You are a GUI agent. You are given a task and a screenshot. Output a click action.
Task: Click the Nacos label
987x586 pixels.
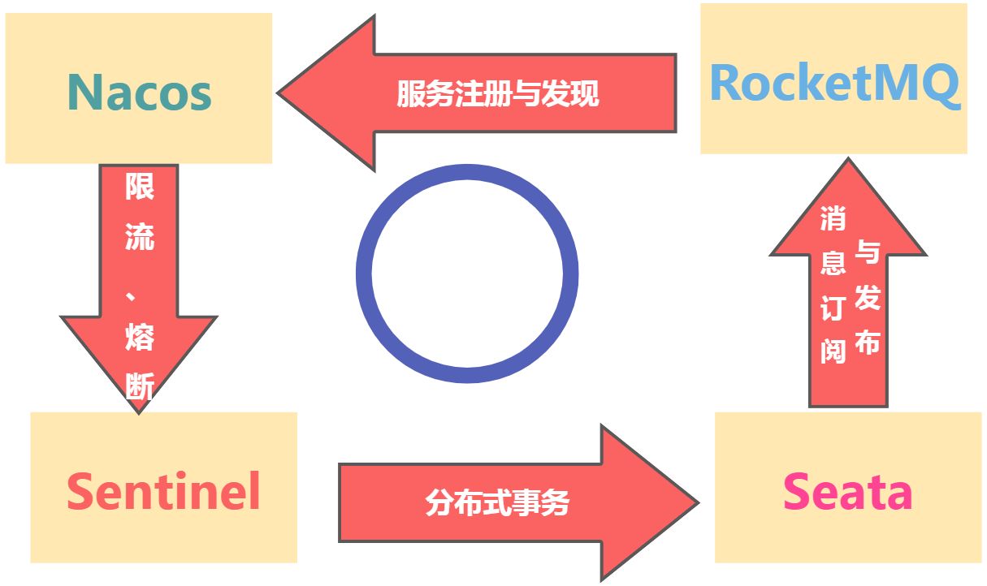coord(139,92)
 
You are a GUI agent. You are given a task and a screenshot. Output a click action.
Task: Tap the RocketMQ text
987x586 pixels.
coord(834,82)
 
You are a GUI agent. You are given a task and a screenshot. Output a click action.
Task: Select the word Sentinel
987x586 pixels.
coord(163,491)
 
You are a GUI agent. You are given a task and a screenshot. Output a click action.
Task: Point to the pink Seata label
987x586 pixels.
coord(847,492)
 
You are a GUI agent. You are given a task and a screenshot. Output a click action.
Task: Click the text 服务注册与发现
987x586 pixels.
coord(497,93)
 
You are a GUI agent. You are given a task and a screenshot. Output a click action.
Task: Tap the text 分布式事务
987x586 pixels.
coord(497,503)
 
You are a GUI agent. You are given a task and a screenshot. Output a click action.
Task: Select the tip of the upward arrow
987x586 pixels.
coord(848,162)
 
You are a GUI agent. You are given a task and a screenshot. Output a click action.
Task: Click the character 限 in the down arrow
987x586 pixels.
coord(139,187)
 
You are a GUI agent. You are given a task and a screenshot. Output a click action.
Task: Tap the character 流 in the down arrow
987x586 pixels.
coord(139,236)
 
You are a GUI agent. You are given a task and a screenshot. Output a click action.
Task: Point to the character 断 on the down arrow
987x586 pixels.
coord(139,385)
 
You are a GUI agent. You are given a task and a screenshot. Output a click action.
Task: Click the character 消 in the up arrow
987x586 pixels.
coord(833,218)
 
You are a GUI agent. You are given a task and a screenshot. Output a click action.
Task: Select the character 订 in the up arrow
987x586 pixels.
coord(833,308)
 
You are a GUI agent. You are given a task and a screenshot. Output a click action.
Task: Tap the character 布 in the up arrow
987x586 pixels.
coord(868,342)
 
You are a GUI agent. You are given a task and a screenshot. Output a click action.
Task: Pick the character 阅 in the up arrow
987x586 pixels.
coord(833,351)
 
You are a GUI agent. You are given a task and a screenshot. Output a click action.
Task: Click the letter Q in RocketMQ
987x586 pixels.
coord(941,84)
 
